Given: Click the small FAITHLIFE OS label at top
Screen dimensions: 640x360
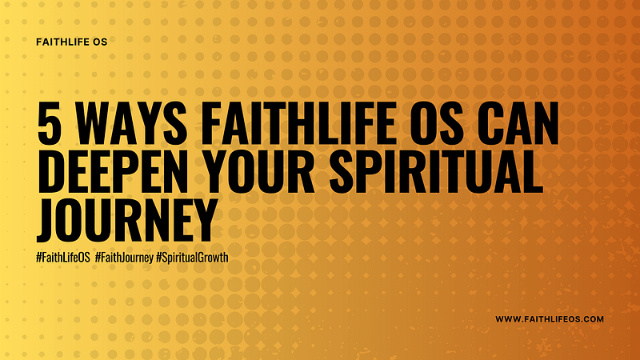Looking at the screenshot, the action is [x=71, y=42].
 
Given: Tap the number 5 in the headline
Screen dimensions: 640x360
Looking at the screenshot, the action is [x=50, y=123].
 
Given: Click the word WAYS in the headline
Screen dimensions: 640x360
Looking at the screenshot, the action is [x=131, y=123].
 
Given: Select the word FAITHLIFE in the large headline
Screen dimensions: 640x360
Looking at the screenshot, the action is [x=298, y=123].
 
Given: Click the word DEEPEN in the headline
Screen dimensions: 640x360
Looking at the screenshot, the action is [x=113, y=171].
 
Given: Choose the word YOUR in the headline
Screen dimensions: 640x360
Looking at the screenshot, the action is [x=258, y=171].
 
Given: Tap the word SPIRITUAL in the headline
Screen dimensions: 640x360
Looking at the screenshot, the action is [x=436, y=171].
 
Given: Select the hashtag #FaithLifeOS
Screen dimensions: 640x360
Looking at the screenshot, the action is [x=63, y=258].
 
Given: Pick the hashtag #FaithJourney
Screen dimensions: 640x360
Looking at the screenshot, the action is [x=124, y=258].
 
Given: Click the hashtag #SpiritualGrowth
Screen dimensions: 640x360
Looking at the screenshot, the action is [x=192, y=258].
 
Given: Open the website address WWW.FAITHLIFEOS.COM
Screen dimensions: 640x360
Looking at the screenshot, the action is [x=550, y=319].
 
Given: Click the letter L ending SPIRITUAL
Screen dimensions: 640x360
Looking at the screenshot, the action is [x=533, y=171].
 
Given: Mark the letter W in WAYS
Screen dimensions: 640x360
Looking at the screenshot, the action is [x=93, y=123].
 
